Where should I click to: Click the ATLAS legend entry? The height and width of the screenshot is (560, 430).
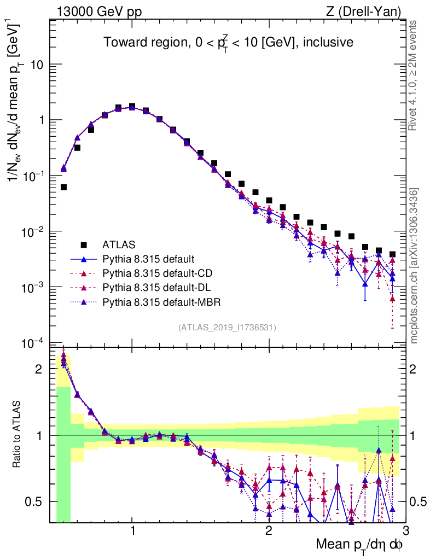(119, 244)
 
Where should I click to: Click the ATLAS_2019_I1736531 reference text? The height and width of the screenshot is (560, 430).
(227, 328)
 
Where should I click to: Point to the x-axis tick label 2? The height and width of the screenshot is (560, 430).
(269, 532)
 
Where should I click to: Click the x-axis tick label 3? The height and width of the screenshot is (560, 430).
(404, 532)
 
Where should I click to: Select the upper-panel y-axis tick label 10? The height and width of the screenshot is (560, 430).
(37, 65)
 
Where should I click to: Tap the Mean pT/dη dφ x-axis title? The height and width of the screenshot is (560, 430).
(359, 545)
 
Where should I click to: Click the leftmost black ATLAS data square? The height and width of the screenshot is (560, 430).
(63, 187)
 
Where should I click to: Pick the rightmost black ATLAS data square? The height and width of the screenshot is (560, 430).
(392, 254)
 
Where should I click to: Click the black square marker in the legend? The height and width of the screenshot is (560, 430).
(84, 244)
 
